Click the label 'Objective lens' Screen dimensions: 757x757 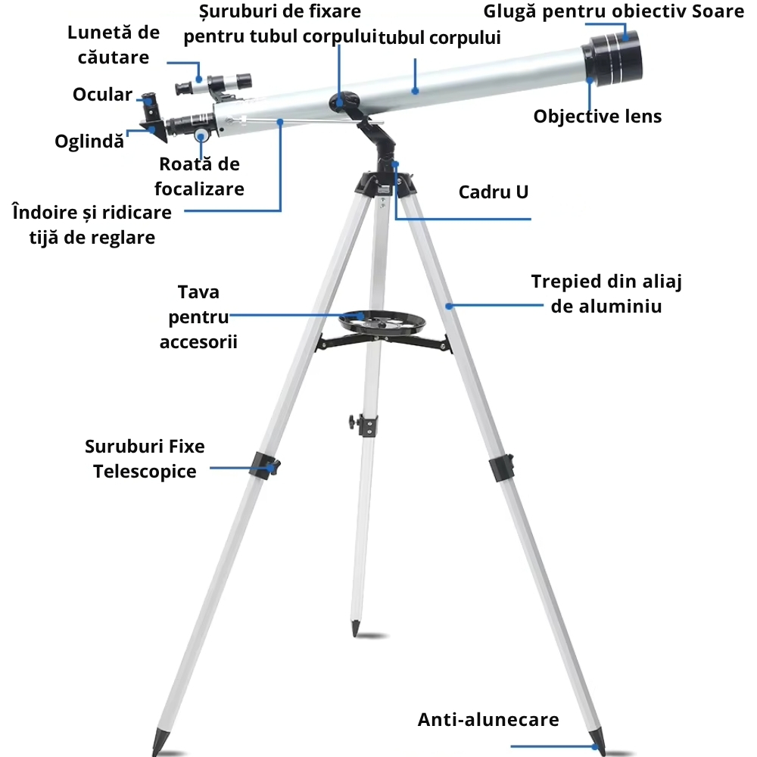tap(597, 117)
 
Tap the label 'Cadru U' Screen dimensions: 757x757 tap(493, 192)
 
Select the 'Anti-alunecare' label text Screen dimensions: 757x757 tap(488, 719)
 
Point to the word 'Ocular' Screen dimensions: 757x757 tap(102, 95)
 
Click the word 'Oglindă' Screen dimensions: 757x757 tap(89, 142)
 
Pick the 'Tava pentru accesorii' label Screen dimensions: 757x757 tap(198, 317)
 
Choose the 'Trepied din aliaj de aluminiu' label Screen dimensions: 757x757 tap(606, 294)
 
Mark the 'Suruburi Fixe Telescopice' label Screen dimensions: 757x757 tap(145, 459)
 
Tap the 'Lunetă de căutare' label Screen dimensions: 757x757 tap(114, 45)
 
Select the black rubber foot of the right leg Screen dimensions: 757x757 tap(597, 742)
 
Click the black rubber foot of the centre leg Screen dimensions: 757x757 tap(355, 628)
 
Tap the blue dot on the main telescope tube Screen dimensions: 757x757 tap(415, 90)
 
